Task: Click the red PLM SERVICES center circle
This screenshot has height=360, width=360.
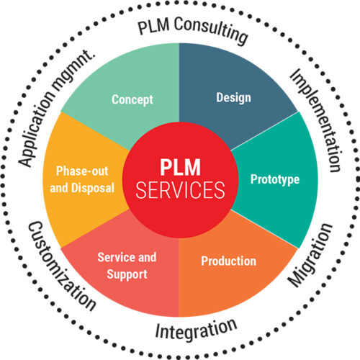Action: tap(179, 179)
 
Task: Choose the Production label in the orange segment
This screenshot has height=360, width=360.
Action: tap(230, 261)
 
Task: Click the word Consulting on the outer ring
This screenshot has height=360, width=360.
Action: tap(212, 31)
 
